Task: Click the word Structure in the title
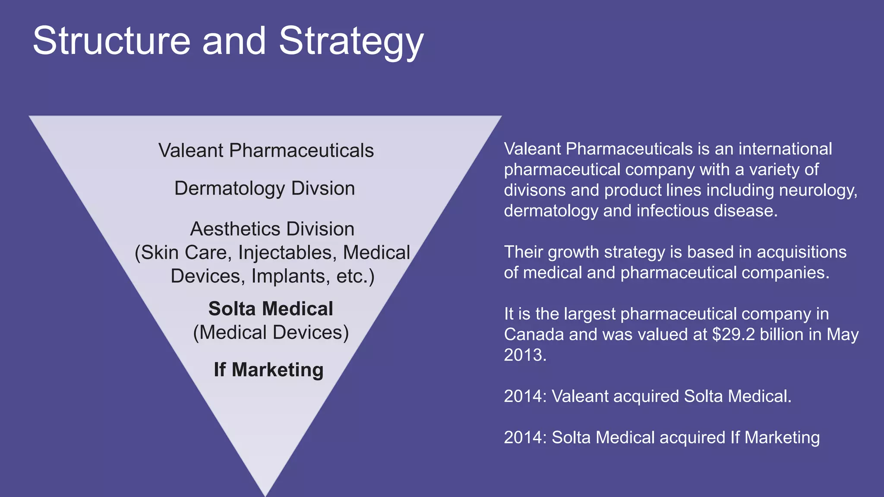[111, 41]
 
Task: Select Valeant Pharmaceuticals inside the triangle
[266, 151]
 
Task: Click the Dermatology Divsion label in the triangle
[265, 189]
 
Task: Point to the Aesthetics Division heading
[272, 229]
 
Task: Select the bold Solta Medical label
[271, 309]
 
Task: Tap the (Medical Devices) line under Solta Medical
[271, 333]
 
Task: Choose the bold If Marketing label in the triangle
[268, 370]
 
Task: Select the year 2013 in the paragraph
[525, 355]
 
